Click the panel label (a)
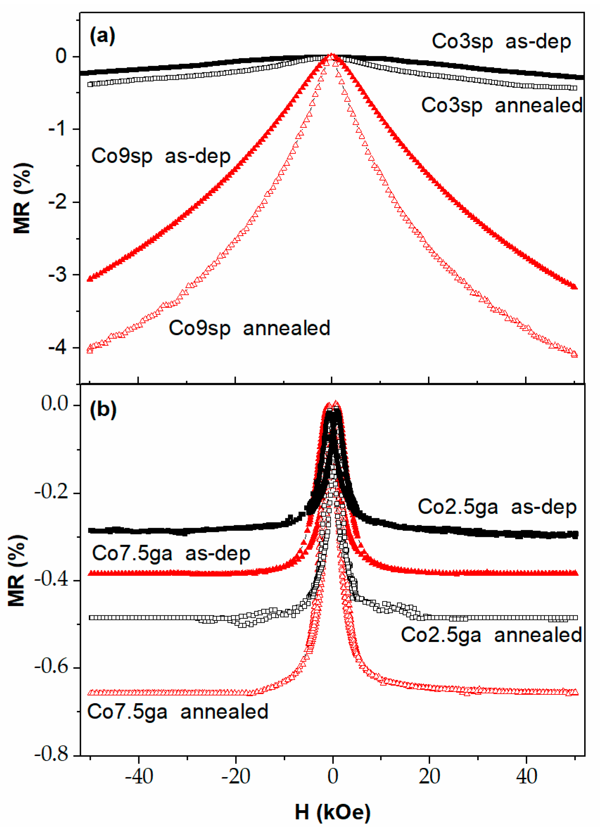pos(102,36)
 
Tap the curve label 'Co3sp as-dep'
pos(501,42)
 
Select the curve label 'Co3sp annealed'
pos(501,105)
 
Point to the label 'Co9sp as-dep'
pos(161,156)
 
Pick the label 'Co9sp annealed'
pos(249,328)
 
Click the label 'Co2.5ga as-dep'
pos(497,507)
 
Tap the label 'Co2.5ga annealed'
pos(491,635)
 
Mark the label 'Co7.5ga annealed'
pos(178,712)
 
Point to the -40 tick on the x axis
pos(139,776)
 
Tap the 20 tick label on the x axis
pos(429,776)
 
